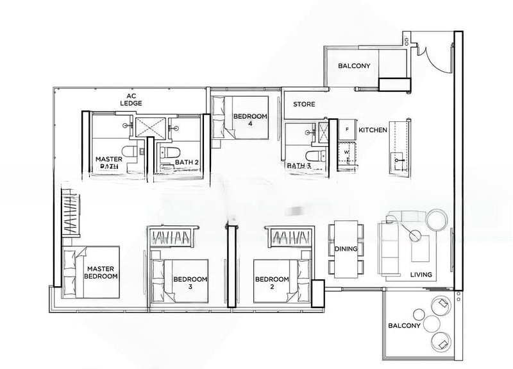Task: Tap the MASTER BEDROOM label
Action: (x=101, y=272)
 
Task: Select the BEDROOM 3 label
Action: (x=190, y=283)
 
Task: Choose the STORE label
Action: (x=303, y=104)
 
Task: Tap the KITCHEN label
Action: (x=373, y=130)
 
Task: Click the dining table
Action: (x=346, y=247)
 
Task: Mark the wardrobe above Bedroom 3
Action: (x=170, y=237)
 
